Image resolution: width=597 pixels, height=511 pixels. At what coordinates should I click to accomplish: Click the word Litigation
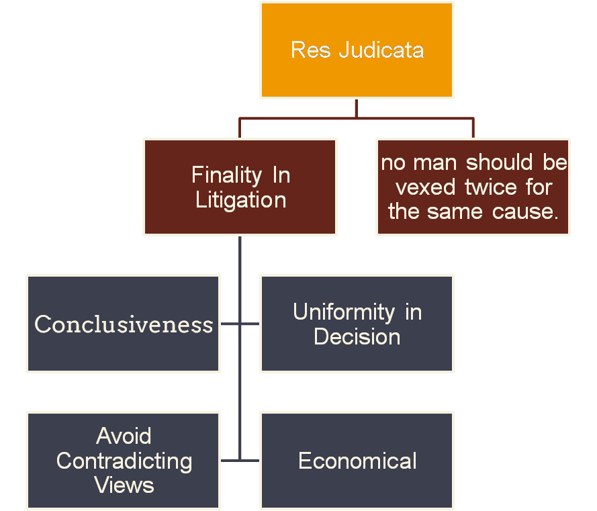240,200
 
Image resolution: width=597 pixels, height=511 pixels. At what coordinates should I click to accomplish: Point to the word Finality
225,175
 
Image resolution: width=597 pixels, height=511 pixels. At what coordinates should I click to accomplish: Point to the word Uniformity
344,312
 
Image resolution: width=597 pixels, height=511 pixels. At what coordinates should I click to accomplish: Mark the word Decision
357,336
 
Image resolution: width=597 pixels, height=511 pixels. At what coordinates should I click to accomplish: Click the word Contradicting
124,461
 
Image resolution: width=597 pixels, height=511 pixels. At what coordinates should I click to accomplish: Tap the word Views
124,485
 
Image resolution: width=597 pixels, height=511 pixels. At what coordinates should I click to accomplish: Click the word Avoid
124,436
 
